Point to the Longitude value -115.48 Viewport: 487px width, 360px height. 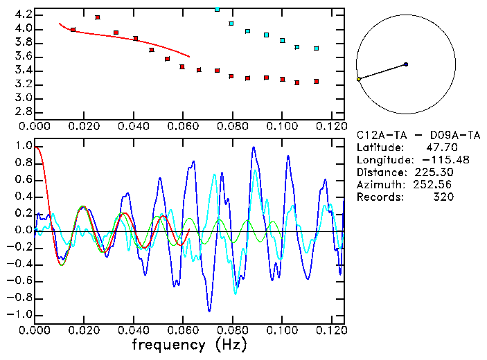point(433,160)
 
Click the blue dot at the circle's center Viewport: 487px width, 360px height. point(406,64)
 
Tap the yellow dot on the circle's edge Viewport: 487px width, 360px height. point(359,80)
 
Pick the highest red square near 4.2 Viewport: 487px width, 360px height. point(98,17)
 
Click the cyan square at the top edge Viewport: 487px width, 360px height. point(218,9)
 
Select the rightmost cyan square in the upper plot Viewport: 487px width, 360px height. point(317,48)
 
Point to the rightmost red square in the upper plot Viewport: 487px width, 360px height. point(317,81)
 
